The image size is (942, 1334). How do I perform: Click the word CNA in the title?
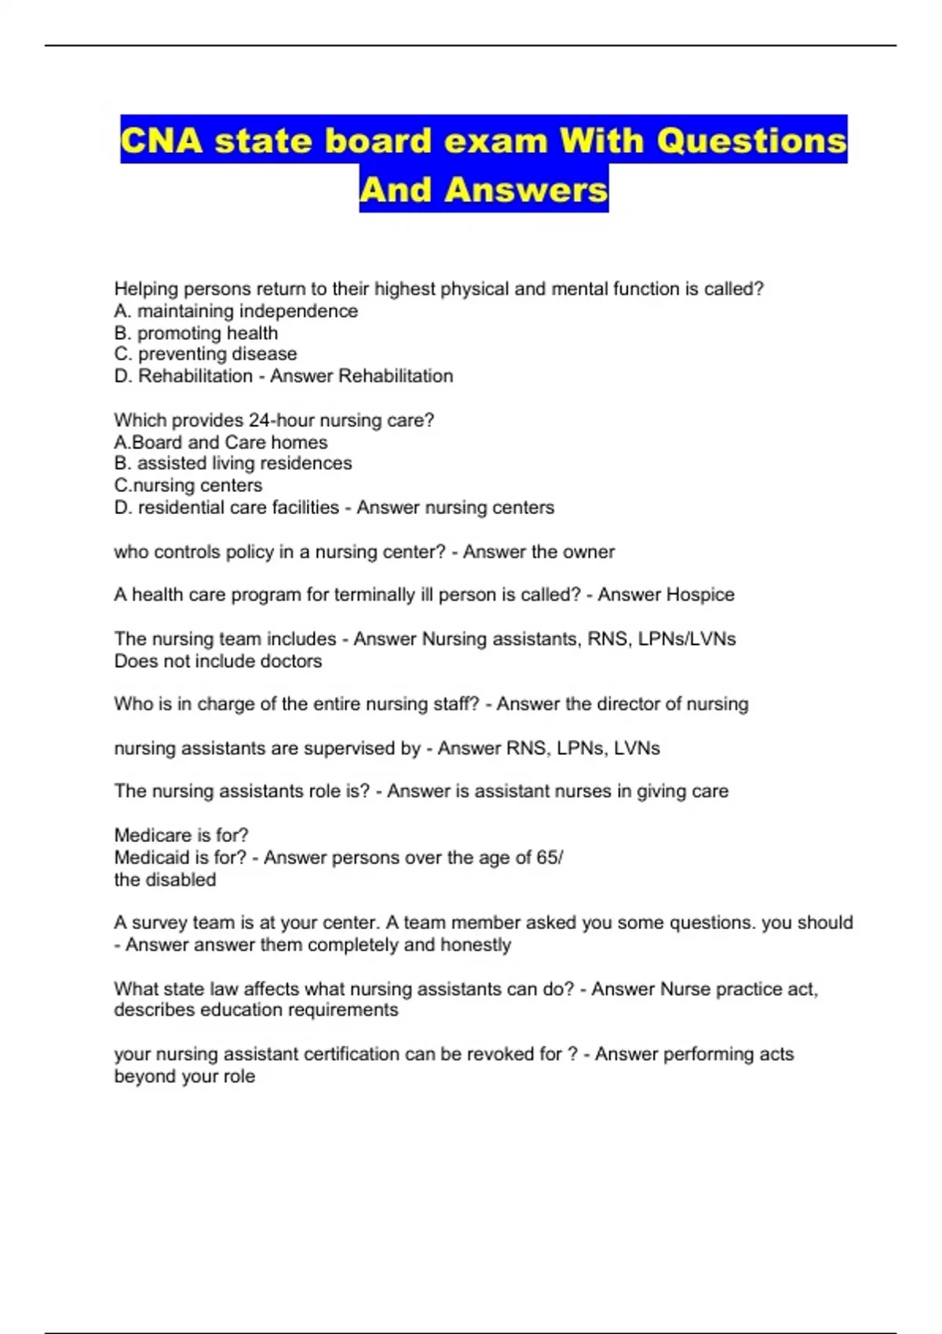(x=162, y=141)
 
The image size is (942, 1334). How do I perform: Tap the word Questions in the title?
(x=751, y=141)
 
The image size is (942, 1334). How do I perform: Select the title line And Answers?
(x=484, y=190)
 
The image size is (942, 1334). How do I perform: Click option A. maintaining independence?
(x=235, y=312)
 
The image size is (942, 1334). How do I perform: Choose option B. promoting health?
(x=195, y=333)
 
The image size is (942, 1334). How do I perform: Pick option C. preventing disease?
(x=205, y=355)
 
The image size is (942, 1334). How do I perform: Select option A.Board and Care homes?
(x=221, y=443)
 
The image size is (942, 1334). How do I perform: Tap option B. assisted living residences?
(x=232, y=464)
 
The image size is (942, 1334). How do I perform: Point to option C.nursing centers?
(x=188, y=486)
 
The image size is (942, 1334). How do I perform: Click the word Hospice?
(x=699, y=595)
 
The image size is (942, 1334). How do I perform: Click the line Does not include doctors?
(x=217, y=662)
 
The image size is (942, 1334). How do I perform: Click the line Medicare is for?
(x=181, y=836)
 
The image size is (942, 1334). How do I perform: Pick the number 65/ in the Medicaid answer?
(x=549, y=858)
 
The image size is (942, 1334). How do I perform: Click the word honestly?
(x=476, y=945)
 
